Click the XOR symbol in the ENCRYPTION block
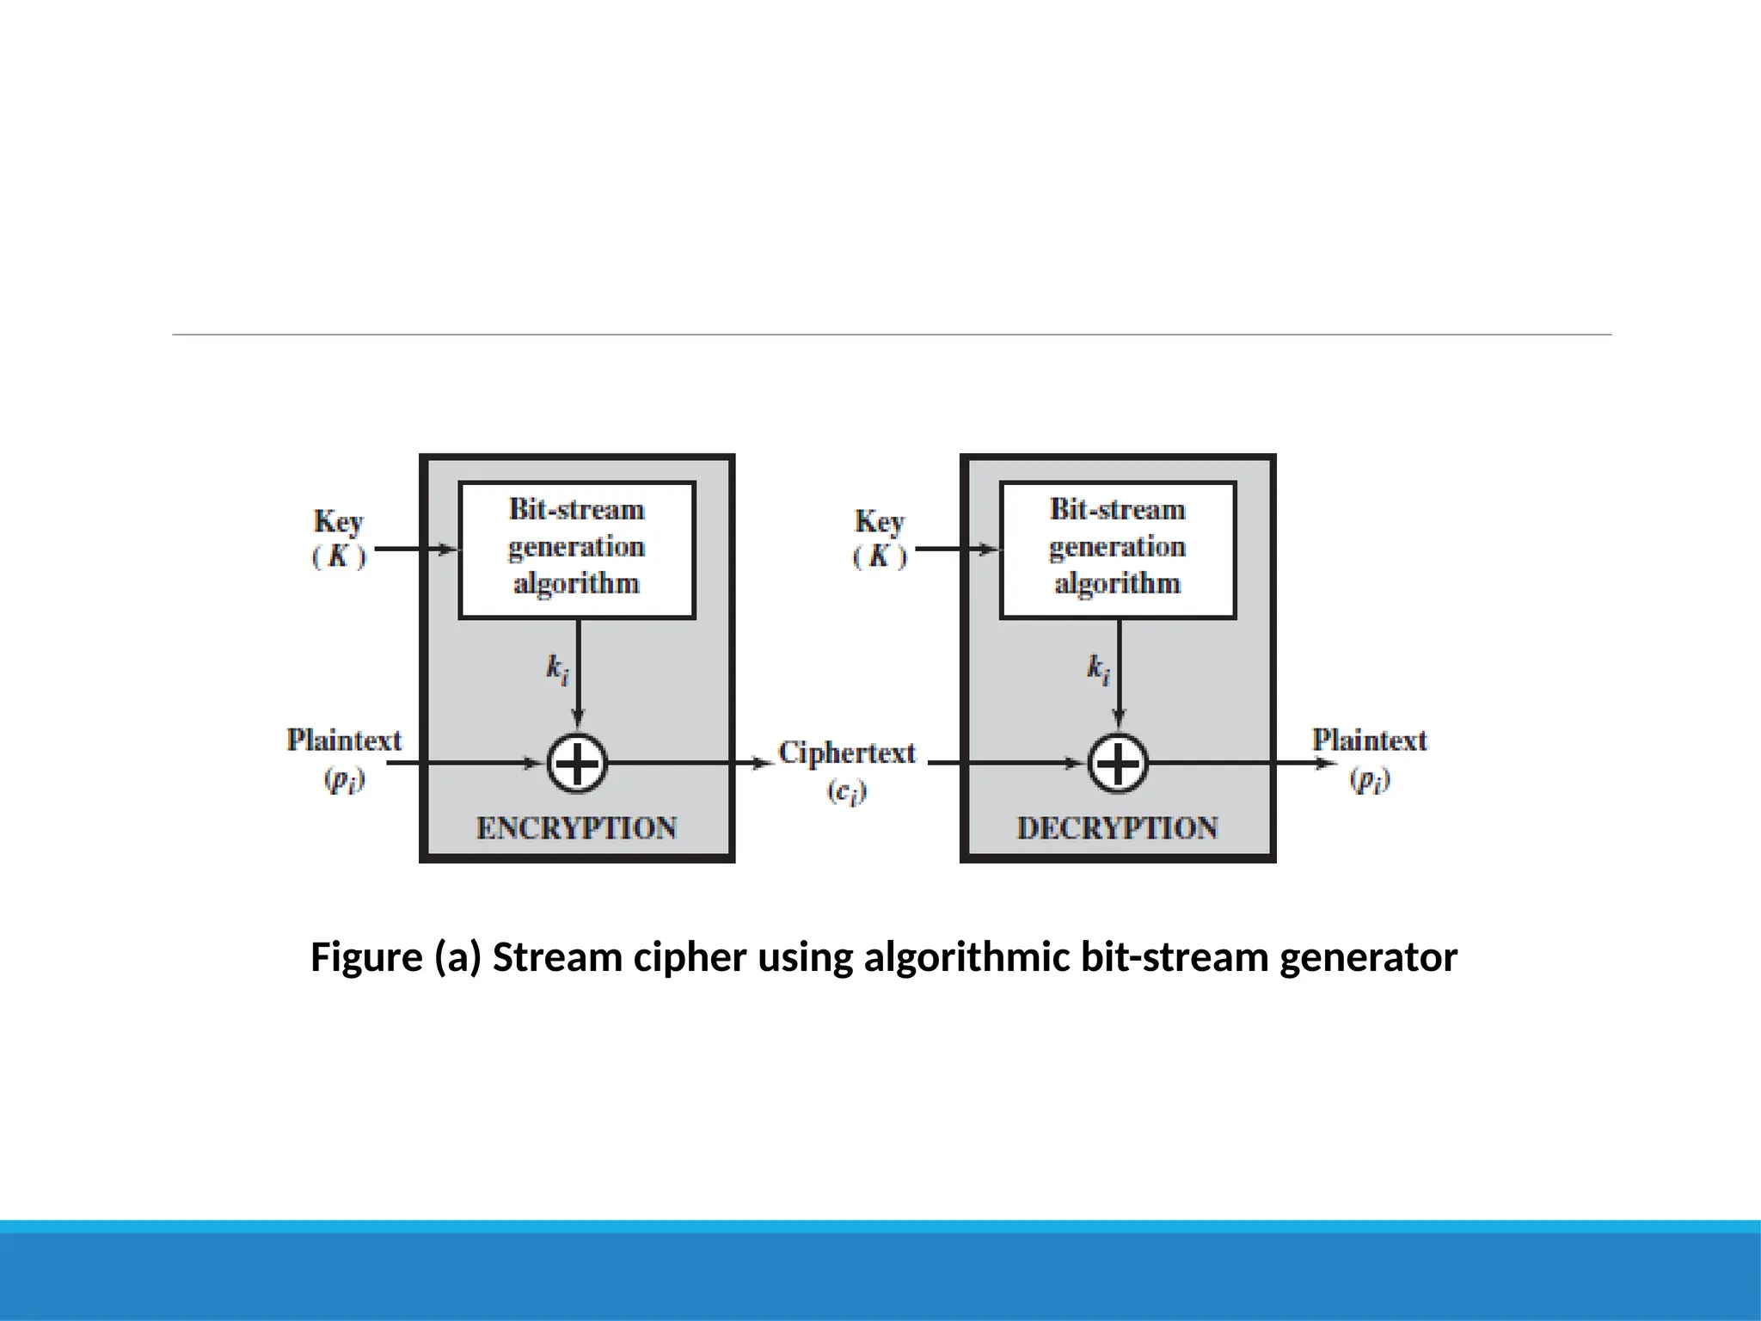click(577, 763)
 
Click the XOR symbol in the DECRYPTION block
click(1118, 763)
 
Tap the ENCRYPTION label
click(577, 827)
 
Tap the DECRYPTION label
click(1118, 827)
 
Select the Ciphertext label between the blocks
click(847, 753)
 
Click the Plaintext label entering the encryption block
click(344, 740)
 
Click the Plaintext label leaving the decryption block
click(1369, 740)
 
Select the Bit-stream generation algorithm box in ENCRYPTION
click(577, 550)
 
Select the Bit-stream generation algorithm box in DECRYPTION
click(1118, 550)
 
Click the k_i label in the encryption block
click(557, 668)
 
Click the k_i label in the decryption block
click(1098, 668)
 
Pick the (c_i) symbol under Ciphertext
click(847, 791)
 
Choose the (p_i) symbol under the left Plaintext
click(344, 779)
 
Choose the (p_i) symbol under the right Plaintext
click(1369, 779)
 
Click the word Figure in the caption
click(366, 957)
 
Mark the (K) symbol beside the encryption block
click(339, 556)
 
